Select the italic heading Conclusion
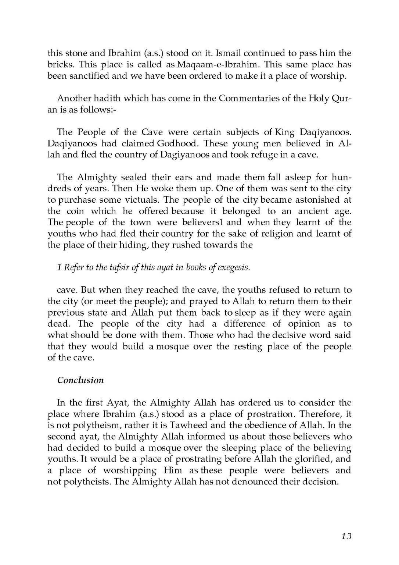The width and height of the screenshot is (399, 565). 80,380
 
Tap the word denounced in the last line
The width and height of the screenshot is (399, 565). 249,482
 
